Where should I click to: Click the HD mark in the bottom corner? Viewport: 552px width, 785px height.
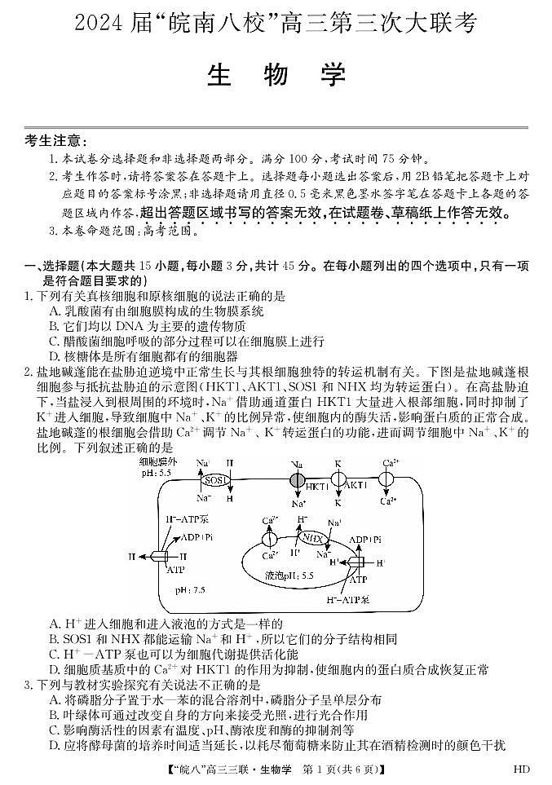(x=523, y=769)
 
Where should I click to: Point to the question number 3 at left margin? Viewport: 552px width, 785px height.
(x=28, y=685)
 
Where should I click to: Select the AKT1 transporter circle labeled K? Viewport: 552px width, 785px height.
(x=338, y=480)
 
